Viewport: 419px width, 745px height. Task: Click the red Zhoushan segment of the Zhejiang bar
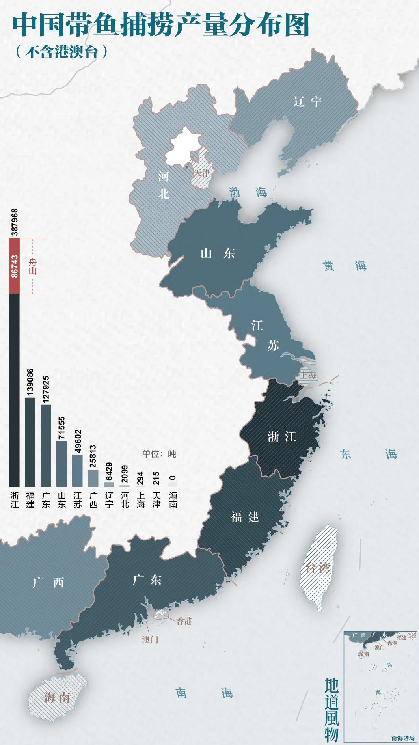[x=14, y=266]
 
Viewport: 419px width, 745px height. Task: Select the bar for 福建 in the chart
[x=30, y=441]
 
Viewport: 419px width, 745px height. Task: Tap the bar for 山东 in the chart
[x=61, y=463]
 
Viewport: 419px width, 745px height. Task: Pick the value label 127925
[x=46, y=390]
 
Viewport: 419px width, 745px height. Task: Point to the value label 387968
[x=15, y=222]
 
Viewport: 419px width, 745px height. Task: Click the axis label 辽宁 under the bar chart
[x=109, y=500]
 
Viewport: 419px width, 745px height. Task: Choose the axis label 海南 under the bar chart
[x=173, y=500]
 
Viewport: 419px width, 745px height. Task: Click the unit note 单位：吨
[x=159, y=454]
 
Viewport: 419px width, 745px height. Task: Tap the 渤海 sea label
[x=248, y=192]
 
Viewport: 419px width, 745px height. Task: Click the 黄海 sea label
[x=345, y=266]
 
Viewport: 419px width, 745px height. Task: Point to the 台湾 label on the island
[x=317, y=568]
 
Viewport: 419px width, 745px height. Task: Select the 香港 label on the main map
[x=184, y=621]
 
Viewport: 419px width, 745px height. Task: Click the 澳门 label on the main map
[x=150, y=639]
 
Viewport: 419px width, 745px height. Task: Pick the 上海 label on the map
[x=309, y=375]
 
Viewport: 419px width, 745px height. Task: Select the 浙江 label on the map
[x=281, y=437]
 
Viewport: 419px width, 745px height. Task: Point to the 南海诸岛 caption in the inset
[x=403, y=738]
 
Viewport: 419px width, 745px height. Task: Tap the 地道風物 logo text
[x=331, y=710]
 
